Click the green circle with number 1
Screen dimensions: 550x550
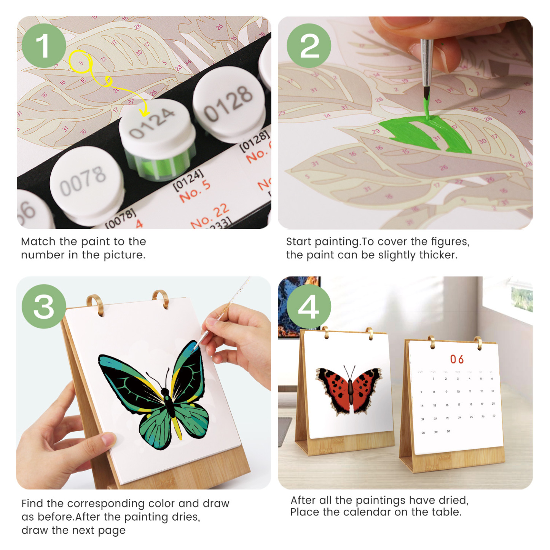44,46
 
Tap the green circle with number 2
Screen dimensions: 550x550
309,46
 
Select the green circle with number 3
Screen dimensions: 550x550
44,306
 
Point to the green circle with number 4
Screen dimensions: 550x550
309,306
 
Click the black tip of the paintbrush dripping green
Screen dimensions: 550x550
426,94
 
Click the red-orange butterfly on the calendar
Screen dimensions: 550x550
348,389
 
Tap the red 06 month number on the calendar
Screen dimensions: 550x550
456,359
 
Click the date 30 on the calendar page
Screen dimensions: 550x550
448,431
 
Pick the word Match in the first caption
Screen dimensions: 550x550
38,242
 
